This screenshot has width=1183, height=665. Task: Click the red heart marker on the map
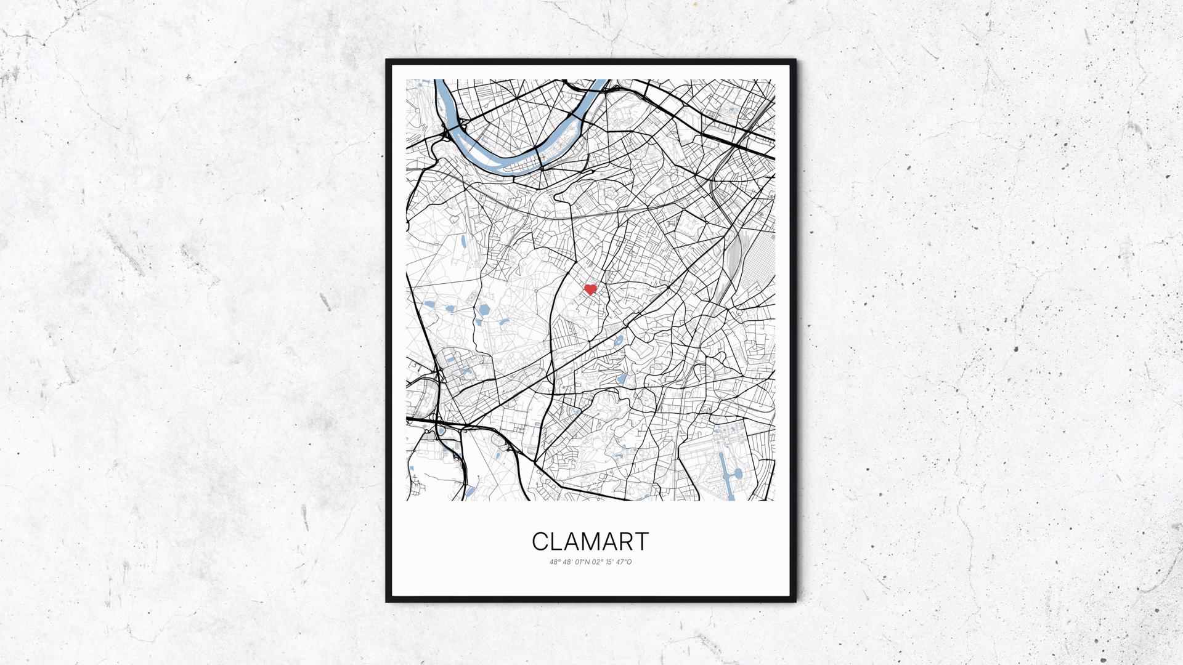pyautogui.click(x=590, y=289)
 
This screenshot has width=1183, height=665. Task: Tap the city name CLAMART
pyautogui.click(x=590, y=542)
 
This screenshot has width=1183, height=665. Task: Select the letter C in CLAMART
pyautogui.click(x=540, y=542)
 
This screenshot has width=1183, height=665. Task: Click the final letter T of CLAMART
pyautogui.click(x=641, y=542)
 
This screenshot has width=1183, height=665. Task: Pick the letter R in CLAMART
pyautogui.click(x=625, y=542)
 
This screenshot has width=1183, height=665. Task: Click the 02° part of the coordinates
pyautogui.click(x=596, y=562)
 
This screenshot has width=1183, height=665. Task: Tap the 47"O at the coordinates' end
pyautogui.click(x=624, y=562)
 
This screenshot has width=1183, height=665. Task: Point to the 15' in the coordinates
pyautogui.click(x=609, y=562)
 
